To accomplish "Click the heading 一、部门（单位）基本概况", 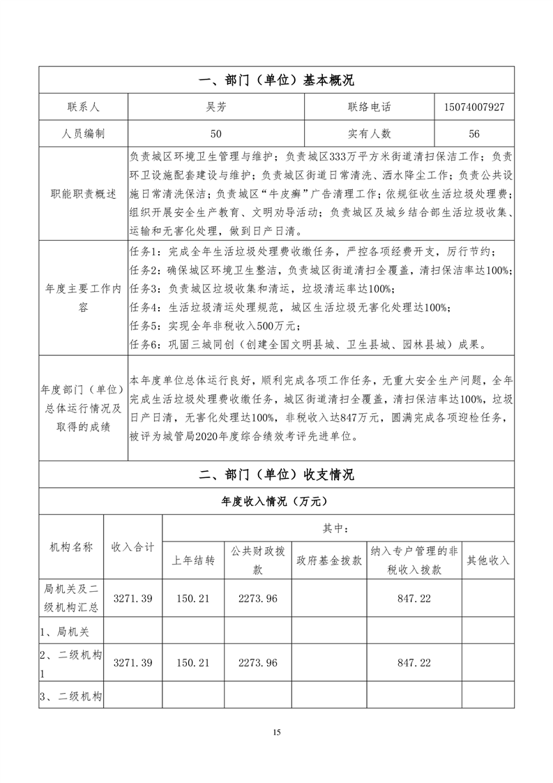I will coord(276,81).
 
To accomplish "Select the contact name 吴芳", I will coord(216,107).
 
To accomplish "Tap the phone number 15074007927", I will coord(474,107).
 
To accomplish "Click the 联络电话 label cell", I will coord(370,107).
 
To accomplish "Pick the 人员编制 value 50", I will coord(216,133).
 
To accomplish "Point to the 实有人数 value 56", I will coord(474,133).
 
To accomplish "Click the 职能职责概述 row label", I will coord(84,193).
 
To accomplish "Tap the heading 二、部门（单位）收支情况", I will coord(276,475).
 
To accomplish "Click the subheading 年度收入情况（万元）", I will coord(276,501).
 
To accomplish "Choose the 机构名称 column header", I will coord(71,546).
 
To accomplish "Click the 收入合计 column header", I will coord(133,546).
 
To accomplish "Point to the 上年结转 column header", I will coord(193,560).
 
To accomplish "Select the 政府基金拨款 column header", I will coord(329,560).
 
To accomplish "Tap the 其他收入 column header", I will coord(488,560).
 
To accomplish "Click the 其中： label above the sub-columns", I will coord(338,528).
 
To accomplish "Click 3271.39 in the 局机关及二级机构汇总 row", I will coord(133,599).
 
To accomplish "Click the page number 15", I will coord(277,732).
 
